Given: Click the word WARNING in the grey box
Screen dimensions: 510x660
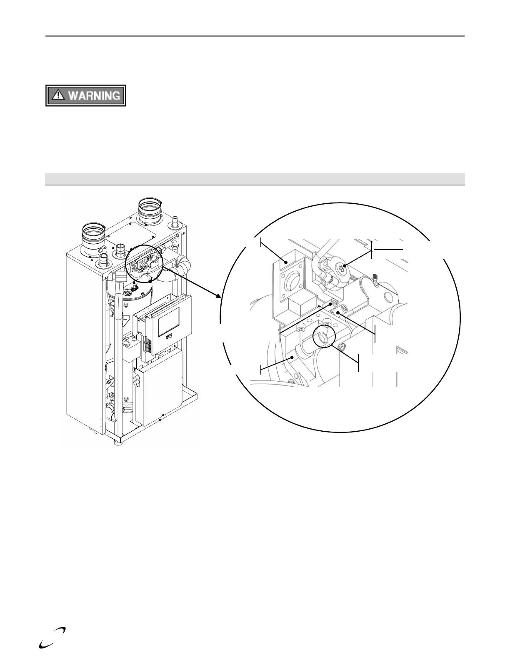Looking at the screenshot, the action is (94, 96).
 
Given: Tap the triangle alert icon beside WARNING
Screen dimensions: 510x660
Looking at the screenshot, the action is (58, 95).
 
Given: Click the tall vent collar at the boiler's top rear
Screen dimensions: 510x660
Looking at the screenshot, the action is (150, 211).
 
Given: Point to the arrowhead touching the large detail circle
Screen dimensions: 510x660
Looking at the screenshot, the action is (217, 295).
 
